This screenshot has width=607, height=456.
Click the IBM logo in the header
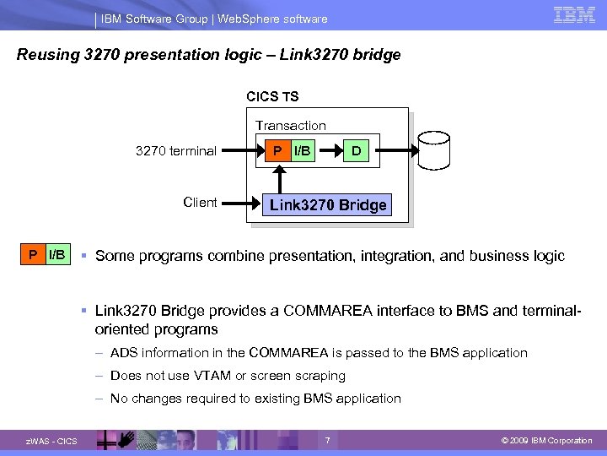575,15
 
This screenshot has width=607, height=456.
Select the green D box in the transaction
357,151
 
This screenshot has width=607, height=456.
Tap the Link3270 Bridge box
328,204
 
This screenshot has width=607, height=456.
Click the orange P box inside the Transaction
277,151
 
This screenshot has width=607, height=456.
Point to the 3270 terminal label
176,151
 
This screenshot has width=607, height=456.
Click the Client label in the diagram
200,203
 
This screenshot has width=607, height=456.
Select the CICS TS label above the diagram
272,97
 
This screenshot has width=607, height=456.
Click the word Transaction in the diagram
291,125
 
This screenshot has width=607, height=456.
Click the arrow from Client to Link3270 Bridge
241,204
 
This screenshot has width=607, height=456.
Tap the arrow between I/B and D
330,151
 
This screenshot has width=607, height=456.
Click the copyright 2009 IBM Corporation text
547,441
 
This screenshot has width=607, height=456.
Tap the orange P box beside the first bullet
32,254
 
